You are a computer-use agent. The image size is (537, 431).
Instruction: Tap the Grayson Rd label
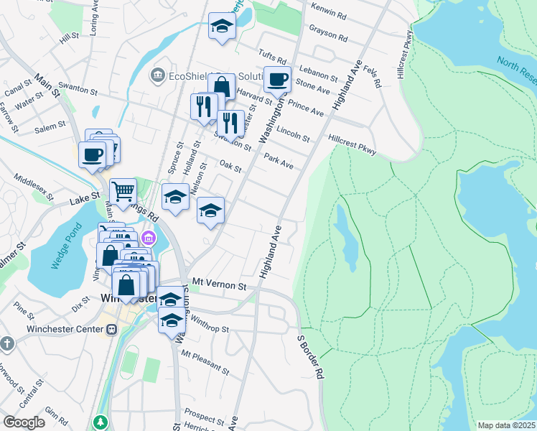pos(328,33)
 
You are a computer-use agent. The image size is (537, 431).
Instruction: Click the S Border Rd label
pos(312,356)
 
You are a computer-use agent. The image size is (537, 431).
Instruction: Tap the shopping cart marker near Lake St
pos(123,191)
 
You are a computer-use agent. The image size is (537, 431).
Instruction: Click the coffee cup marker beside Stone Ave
pos(277,80)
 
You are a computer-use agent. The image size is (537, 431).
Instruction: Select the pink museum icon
pos(148,237)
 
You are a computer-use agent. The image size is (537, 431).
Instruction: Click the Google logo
pos(24,422)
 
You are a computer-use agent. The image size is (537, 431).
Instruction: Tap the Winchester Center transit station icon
pos(111,330)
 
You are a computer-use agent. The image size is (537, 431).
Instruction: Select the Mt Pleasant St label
pos(205,363)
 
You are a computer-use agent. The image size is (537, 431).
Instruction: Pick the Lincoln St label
pos(293,134)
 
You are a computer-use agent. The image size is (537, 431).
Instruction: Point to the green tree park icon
pos(101,421)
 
